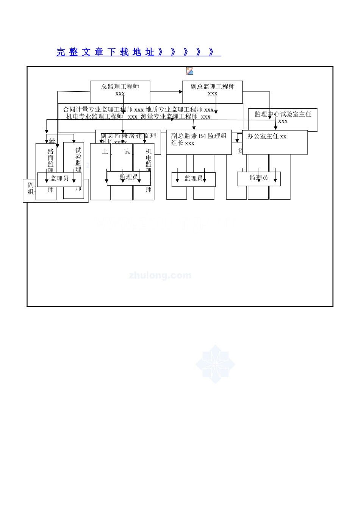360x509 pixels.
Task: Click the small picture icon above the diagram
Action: pyautogui.click(x=190, y=71)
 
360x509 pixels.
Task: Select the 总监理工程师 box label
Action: pyautogui.click(x=120, y=87)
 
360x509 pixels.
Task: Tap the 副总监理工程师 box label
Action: pyautogui.click(x=213, y=87)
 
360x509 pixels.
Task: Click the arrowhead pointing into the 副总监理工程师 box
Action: pyautogui.click(x=181, y=92)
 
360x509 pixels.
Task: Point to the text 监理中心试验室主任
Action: pyautogui.click(x=283, y=114)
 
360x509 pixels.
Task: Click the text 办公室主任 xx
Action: pyautogui.click(x=267, y=136)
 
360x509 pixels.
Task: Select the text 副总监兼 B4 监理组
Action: pyautogui.click(x=199, y=136)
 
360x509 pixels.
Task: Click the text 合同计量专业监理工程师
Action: pyautogui.click(x=98, y=110)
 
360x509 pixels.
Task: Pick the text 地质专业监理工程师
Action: pyautogui.click(x=174, y=110)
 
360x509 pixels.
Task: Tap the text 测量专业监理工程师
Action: pyautogui.click(x=169, y=117)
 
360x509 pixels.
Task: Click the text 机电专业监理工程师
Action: pyautogui.click(x=94, y=117)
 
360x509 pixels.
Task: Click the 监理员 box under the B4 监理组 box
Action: pyautogui.click(x=193, y=178)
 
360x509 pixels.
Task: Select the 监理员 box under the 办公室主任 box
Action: pyautogui.click(x=259, y=178)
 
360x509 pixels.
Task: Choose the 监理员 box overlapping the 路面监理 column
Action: pyautogui.click(x=59, y=178)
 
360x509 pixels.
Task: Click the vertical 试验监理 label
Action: pyautogui.click(x=78, y=159)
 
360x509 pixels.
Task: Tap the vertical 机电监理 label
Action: pyautogui.click(x=149, y=161)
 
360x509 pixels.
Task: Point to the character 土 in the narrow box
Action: pyautogui.click(x=105, y=151)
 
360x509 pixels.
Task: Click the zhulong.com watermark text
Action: pyautogui.click(x=160, y=275)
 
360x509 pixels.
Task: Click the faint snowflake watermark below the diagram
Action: pyautogui.click(x=215, y=364)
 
